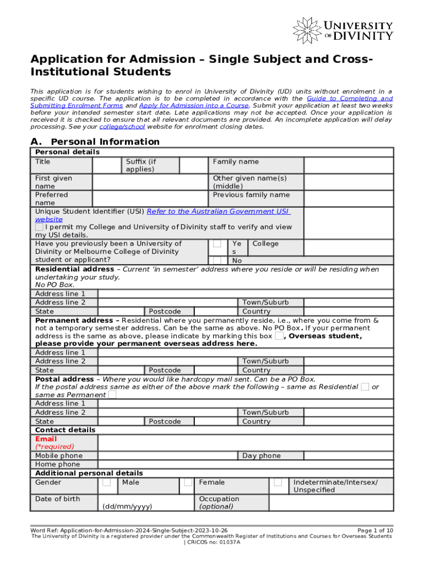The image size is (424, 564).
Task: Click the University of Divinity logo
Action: (343, 29)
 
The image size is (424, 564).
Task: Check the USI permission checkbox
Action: (39, 227)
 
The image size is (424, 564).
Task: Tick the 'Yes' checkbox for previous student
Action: (218, 244)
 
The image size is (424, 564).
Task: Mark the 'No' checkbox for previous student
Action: (218, 260)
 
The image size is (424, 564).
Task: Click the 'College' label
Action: (265, 244)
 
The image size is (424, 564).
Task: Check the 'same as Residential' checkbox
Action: (365, 387)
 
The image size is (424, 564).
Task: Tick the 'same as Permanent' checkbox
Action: (112, 395)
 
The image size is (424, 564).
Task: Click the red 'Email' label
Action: (46, 439)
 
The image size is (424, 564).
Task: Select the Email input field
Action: (245, 443)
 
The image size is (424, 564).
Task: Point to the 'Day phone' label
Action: (262, 455)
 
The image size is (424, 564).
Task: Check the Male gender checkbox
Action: (107, 482)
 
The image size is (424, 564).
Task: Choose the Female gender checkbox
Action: (188, 482)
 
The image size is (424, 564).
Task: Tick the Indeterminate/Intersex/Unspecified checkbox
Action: (278, 482)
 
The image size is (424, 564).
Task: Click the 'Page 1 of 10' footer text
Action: (375, 530)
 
